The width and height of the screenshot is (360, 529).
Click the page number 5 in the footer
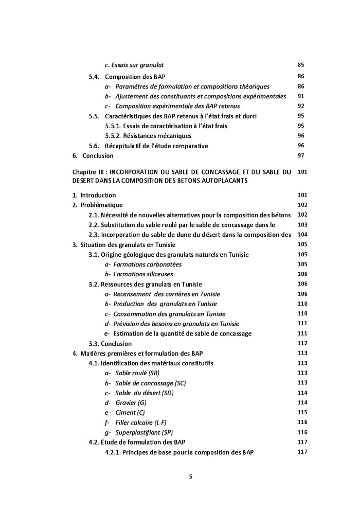(x=190, y=476)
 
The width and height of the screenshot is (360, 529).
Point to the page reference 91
(x=301, y=96)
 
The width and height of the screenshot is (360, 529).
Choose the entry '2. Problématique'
(x=97, y=205)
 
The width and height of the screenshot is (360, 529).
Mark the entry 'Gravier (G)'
(x=127, y=403)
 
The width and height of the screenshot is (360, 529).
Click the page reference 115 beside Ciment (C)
(x=302, y=412)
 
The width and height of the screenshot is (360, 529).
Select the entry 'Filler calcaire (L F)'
(x=137, y=422)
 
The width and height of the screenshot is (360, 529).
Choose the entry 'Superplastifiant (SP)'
(x=141, y=432)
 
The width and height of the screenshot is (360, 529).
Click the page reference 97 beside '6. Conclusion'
(x=301, y=155)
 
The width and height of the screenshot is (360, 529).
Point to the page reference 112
(x=302, y=343)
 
